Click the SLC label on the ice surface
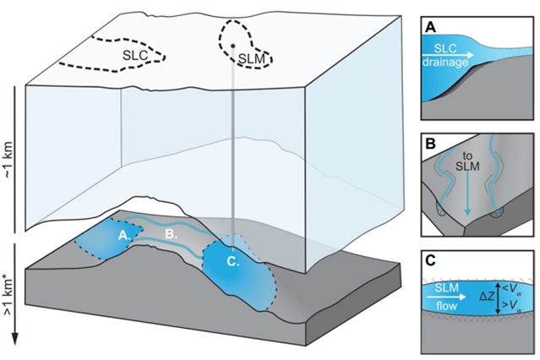[x=135, y=56]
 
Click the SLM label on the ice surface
[x=252, y=59]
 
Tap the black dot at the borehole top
[x=232, y=46]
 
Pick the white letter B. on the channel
[x=172, y=234]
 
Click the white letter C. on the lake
[x=233, y=262]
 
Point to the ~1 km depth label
[x=8, y=160]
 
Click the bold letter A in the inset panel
[x=430, y=27]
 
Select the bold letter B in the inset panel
[x=430, y=144]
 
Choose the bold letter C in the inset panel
[x=430, y=261]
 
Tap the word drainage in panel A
[x=445, y=63]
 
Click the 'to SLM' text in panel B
[x=467, y=161]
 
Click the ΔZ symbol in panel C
[x=487, y=297]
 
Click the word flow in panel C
[x=447, y=306]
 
